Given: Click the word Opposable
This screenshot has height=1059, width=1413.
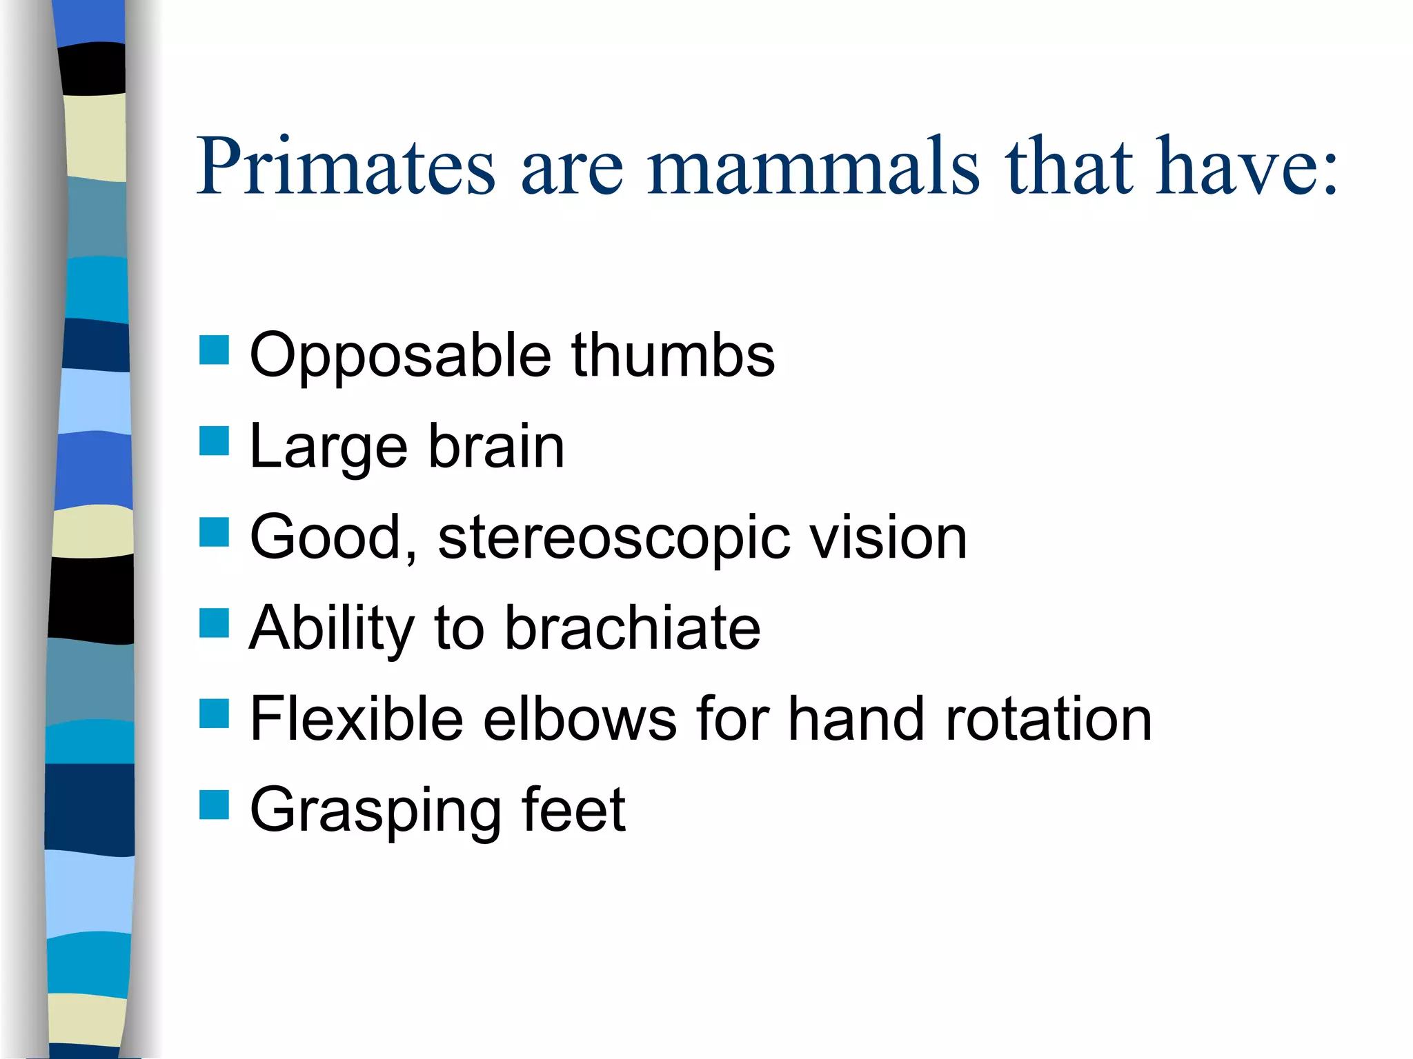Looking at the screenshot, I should [x=400, y=357].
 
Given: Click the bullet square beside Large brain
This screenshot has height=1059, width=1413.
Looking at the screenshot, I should [x=214, y=441].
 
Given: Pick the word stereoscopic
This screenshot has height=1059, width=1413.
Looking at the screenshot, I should [x=614, y=539].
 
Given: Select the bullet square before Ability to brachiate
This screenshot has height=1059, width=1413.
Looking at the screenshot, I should [x=214, y=623].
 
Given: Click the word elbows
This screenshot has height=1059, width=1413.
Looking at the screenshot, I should [x=580, y=719].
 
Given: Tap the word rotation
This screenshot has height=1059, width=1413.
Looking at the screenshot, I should [x=1049, y=719].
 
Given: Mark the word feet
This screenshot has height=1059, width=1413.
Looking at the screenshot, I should [x=573, y=809].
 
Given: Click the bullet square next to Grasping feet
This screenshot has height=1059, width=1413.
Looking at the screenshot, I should [x=214, y=805].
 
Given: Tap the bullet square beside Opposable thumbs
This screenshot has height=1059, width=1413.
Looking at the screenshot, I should [x=214, y=350].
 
